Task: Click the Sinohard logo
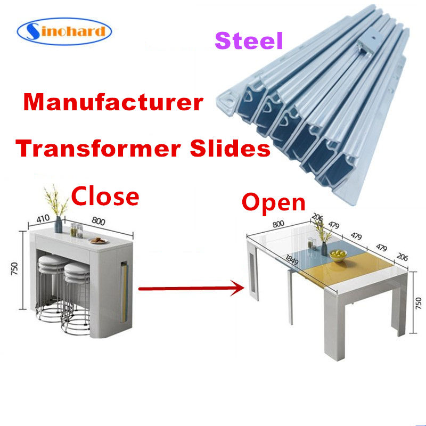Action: click(x=64, y=31)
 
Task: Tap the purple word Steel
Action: click(x=249, y=40)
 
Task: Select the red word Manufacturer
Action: click(x=113, y=102)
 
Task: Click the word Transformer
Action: click(x=98, y=149)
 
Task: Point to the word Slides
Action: click(x=230, y=148)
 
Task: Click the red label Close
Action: click(x=105, y=195)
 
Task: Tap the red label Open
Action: click(x=274, y=203)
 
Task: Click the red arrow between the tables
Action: click(x=192, y=288)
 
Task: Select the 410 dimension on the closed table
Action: click(x=43, y=218)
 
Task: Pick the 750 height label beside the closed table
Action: click(x=14, y=268)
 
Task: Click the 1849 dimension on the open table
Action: click(x=292, y=260)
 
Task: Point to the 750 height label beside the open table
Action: click(x=419, y=303)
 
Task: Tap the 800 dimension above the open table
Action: click(x=278, y=224)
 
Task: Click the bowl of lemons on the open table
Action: click(x=338, y=256)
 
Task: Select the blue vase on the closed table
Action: click(x=59, y=224)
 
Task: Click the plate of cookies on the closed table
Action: click(x=99, y=241)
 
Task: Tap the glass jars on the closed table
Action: click(x=76, y=231)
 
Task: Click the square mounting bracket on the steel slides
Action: click(x=368, y=42)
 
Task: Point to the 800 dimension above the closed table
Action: click(x=99, y=222)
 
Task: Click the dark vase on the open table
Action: click(x=324, y=249)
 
